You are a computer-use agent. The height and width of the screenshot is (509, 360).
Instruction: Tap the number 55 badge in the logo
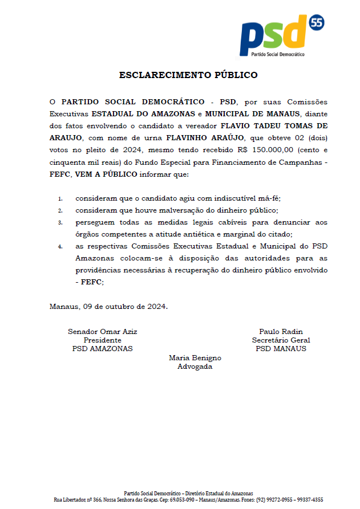pos(316,23)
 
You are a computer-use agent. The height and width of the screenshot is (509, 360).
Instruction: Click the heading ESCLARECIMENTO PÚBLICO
pos(188,75)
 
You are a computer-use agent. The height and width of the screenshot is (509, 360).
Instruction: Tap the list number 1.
pos(60,199)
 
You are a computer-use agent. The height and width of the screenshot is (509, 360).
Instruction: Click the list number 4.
pos(60,247)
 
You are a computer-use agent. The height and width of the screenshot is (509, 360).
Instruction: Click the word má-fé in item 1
pos(269,198)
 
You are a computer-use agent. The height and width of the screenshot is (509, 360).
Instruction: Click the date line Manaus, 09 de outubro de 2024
pos(108,306)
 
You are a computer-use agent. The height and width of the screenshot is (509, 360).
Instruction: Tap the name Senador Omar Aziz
pos(102,332)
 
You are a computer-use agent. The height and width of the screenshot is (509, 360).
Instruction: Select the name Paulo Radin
pos(281,332)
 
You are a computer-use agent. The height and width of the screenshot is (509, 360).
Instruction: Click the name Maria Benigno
pos(195,358)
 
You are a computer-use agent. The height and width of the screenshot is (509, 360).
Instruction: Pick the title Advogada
pos(195,367)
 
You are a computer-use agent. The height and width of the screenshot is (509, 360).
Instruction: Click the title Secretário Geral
pos(281,340)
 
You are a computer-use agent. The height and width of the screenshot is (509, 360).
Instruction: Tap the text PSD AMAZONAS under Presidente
pos(102,349)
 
